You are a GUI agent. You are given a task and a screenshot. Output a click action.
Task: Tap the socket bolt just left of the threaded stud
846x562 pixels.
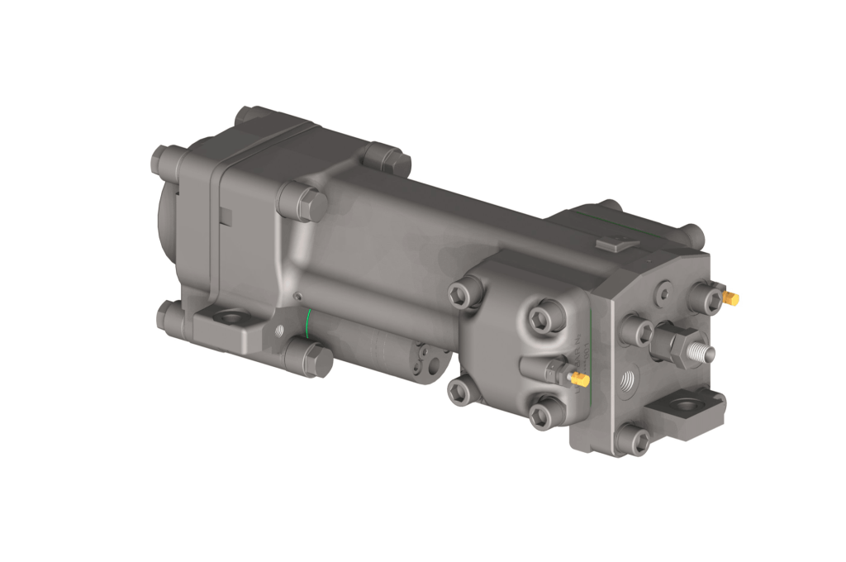[637, 330]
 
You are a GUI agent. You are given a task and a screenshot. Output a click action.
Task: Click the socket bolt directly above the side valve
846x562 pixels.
[545, 317]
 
